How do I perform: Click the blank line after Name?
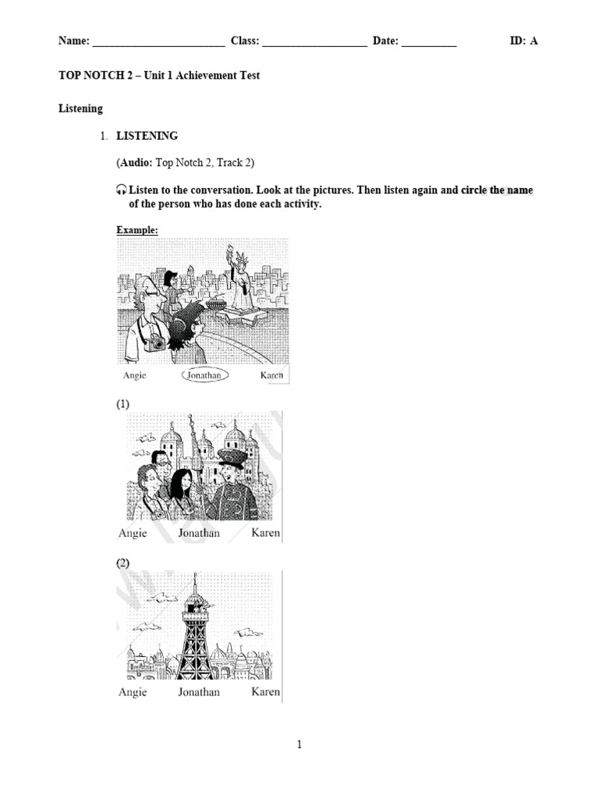point(158,43)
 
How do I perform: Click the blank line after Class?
point(314,43)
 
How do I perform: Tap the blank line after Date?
point(429,43)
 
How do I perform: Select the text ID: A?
point(523,41)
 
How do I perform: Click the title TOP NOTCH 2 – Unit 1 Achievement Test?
point(159,76)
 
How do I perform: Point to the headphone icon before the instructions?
point(121,190)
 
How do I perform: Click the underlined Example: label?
point(137,230)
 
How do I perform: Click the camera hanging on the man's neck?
point(158,342)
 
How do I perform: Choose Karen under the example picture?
point(271,375)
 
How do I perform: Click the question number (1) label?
point(123,404)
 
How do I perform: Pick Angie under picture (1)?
point(132,534)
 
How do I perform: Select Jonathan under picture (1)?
point(199,534)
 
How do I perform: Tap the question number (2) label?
point(123,563)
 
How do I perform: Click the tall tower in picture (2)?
point(195,632)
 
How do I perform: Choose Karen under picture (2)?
point(265,692)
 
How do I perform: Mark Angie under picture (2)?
point(132,692)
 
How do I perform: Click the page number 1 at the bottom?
point(299,745)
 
